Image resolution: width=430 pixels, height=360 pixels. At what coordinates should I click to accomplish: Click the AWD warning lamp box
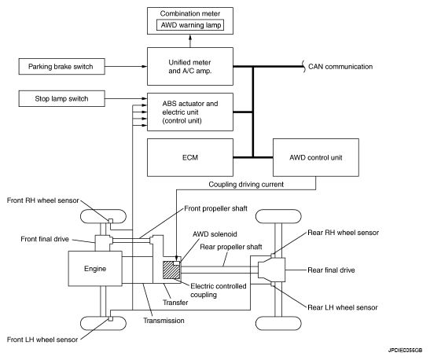tap(190, 25)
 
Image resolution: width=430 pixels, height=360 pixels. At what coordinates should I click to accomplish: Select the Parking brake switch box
tap(61, 66)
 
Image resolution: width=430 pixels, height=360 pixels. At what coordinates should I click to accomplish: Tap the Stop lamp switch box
tap(61, 98)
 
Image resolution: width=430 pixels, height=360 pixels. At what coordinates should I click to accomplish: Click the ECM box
tap(190, 157)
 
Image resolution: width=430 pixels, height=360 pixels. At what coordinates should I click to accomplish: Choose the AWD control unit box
tap(316, 157)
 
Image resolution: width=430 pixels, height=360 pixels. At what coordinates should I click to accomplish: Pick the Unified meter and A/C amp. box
tap(190, 66)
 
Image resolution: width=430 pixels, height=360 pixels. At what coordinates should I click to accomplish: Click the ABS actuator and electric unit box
tap(190, 112)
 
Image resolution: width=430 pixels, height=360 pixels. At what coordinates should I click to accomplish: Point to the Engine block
tap(95, 268)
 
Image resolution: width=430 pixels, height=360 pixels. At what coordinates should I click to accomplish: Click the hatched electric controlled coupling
tap(171, 270)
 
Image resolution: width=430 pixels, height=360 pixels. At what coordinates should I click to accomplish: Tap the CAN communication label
tap(340, 66)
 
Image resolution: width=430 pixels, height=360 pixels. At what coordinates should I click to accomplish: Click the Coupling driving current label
tap(246, 184)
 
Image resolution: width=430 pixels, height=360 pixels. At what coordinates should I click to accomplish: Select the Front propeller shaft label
tap(215, 208)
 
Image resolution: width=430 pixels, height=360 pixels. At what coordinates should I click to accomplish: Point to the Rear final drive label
tap(331, 270)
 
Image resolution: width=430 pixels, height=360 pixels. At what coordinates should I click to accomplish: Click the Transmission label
tap(164, 320)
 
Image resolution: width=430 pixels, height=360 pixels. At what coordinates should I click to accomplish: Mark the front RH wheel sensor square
tap(111, 221)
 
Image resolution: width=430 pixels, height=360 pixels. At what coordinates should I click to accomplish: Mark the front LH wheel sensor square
tap(111, 318)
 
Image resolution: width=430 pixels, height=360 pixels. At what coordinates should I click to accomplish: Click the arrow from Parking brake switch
tap(126, 66)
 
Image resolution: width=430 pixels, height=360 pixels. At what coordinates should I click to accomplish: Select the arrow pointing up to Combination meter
tap(190, 41)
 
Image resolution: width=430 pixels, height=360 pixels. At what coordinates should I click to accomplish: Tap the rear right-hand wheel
tap(278, 216)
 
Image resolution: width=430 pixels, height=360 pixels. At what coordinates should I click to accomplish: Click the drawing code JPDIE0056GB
tap(405, 350)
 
